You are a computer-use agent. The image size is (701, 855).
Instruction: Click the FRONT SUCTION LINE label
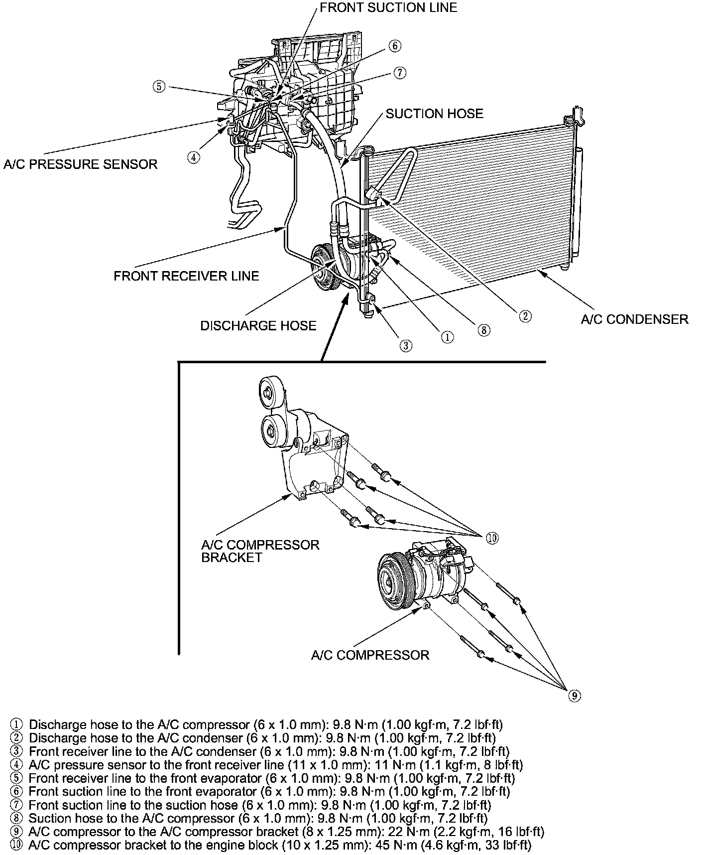point(388,7)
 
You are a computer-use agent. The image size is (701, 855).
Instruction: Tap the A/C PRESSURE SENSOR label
point(80,164)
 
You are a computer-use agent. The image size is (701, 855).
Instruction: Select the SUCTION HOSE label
point(434,114)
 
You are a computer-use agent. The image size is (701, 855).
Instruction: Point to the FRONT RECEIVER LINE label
point(186,276)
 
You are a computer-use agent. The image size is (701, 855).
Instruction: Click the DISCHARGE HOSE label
point(258,325)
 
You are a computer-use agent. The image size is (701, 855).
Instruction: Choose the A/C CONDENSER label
point(634,319)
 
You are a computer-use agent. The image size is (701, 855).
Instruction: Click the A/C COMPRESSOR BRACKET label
point(260,551)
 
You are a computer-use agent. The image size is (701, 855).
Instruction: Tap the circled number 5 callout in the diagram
point(158,87)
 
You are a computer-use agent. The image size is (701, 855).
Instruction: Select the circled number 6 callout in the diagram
point(394,46)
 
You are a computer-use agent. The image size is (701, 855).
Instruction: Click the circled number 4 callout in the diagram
point(194,157)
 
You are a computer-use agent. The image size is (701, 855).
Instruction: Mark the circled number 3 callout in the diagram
point(406,345)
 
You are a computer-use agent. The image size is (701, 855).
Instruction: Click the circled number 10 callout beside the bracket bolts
point(492,538)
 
